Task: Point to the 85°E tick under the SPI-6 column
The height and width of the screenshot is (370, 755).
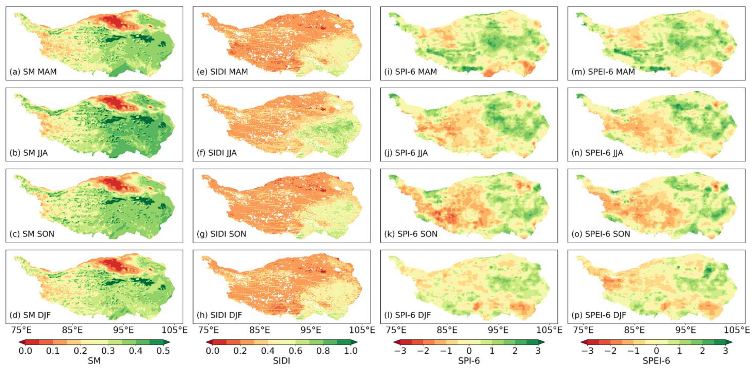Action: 447,330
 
